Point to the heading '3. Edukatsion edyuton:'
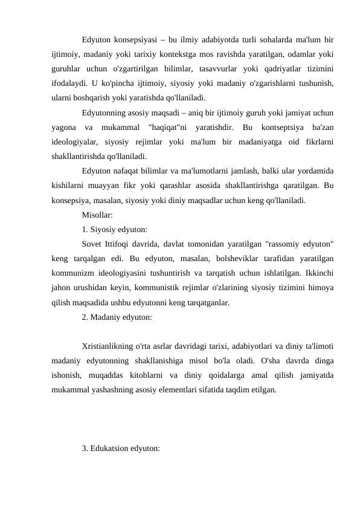click(121, 449)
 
